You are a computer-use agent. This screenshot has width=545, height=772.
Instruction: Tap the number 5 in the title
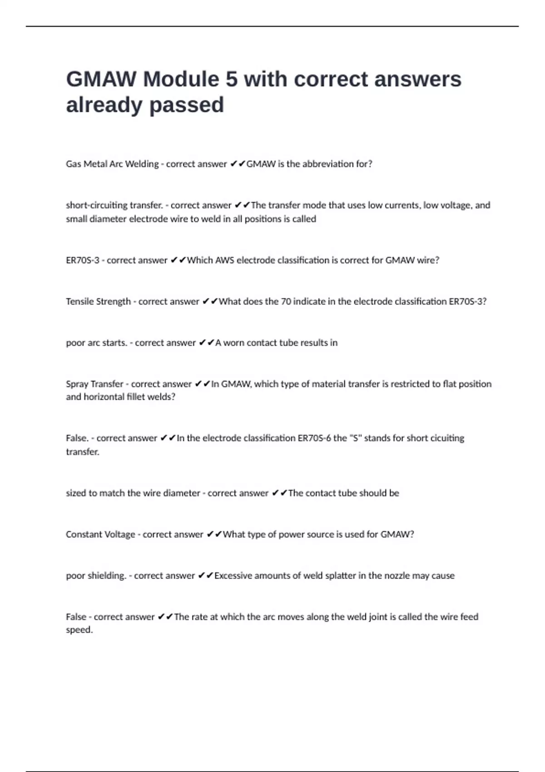[x=231, y=79]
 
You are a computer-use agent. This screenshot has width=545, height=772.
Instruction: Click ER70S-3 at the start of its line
[x=82, y=260]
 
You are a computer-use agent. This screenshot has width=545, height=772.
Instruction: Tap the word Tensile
[x=79, y=302]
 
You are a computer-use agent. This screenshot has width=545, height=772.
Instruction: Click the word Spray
[x=77, y=384]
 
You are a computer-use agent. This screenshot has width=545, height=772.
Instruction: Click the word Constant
[x=84, y=534]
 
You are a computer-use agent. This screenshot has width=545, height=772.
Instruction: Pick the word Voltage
[x=120, y=534]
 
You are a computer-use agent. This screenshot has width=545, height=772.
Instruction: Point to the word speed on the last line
[x=79, y=630]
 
